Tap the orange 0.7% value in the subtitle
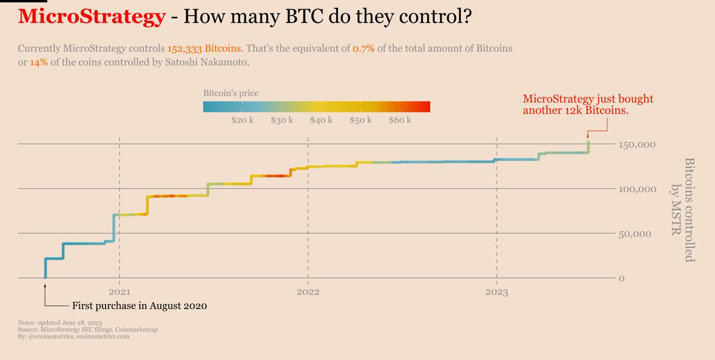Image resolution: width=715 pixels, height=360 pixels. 364,48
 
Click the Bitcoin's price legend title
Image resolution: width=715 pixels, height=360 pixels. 231,94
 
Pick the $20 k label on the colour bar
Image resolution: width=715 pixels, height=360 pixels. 243,120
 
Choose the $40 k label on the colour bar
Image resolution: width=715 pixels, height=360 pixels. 321,120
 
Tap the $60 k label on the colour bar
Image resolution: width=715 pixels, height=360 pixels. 400,120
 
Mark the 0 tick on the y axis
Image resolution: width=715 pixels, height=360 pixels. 621,278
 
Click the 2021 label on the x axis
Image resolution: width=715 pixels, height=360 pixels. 120,292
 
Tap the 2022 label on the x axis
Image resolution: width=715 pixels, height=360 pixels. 308,292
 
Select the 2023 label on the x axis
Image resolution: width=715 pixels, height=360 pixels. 496,292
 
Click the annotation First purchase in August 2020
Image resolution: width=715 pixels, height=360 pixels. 139,306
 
